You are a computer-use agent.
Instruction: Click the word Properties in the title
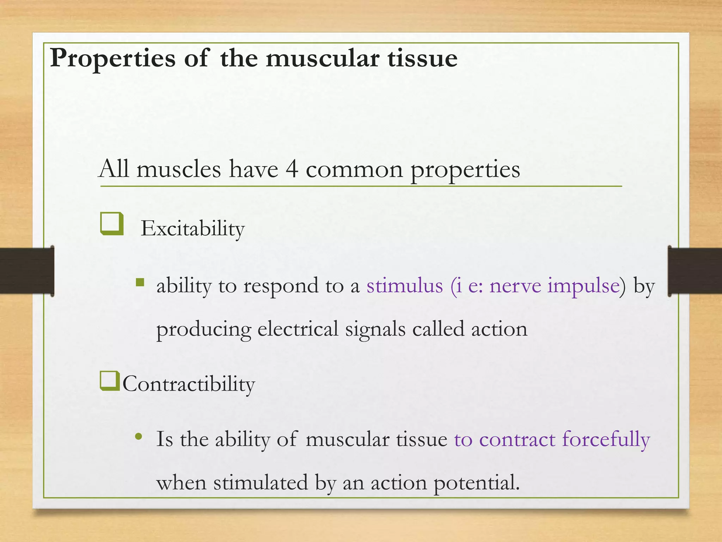112,59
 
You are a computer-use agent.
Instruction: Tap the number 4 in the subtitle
292,169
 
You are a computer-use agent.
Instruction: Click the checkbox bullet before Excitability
112,224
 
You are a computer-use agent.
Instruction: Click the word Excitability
192,229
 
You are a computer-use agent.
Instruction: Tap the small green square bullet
140,282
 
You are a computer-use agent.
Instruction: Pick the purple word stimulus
404,285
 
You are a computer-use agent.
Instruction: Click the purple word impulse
583,286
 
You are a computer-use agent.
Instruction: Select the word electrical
298,329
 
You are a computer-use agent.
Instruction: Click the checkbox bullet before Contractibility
110,381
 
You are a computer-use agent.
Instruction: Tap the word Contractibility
189,384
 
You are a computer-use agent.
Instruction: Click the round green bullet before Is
139,437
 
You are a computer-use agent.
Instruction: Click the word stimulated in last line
261,483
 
